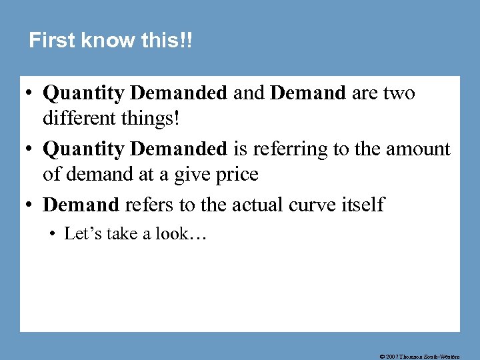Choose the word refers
[148, 204]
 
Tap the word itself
[363, 204]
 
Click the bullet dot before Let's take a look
[54, 234]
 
